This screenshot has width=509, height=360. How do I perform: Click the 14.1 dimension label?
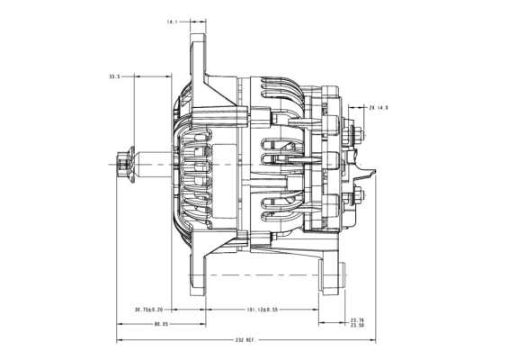[173, 22]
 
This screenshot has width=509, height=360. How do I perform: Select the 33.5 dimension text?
[114, 77]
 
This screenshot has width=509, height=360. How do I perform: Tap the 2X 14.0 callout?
[379, 107]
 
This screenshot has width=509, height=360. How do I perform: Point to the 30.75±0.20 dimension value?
[149, 310]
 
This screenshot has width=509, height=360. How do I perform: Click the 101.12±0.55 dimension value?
[263, 310]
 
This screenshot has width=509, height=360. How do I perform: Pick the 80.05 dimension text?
[161, 324]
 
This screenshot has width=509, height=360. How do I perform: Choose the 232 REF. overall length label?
[246, 340]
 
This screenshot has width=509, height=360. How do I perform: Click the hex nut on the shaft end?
[121, 165]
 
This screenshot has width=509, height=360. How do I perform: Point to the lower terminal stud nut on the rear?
[355, 195]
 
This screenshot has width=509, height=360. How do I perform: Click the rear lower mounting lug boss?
[332, 274]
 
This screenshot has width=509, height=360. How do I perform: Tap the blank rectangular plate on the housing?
[224, 181]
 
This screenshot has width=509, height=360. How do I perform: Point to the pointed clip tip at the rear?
[374, 171]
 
